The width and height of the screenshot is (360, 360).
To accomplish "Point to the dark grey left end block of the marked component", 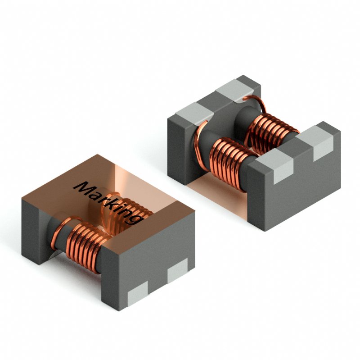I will coord(34,225).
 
